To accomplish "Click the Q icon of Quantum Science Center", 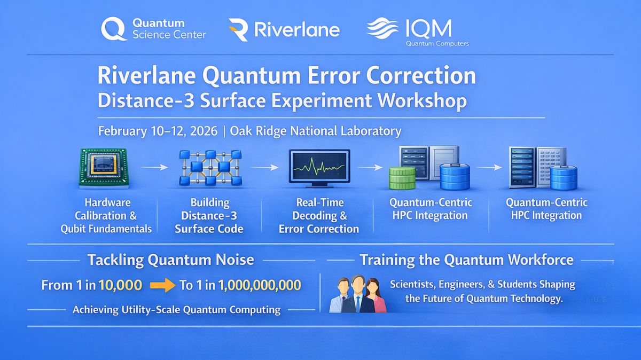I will [x=113, y=29].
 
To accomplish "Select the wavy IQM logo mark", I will [x=383, y=28].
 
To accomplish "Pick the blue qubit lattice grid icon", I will [x=209, y=168].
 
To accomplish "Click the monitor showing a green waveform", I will [x=319, y=168].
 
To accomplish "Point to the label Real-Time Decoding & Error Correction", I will [x=319, y=216].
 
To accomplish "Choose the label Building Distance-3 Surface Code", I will [x=210, y=216].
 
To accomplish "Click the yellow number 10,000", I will [x=120, y=285].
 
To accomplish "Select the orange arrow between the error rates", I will [x=162, y=286].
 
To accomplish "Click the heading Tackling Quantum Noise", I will [x=170, y=260].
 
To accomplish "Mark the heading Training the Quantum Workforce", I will [x=466, y=260].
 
